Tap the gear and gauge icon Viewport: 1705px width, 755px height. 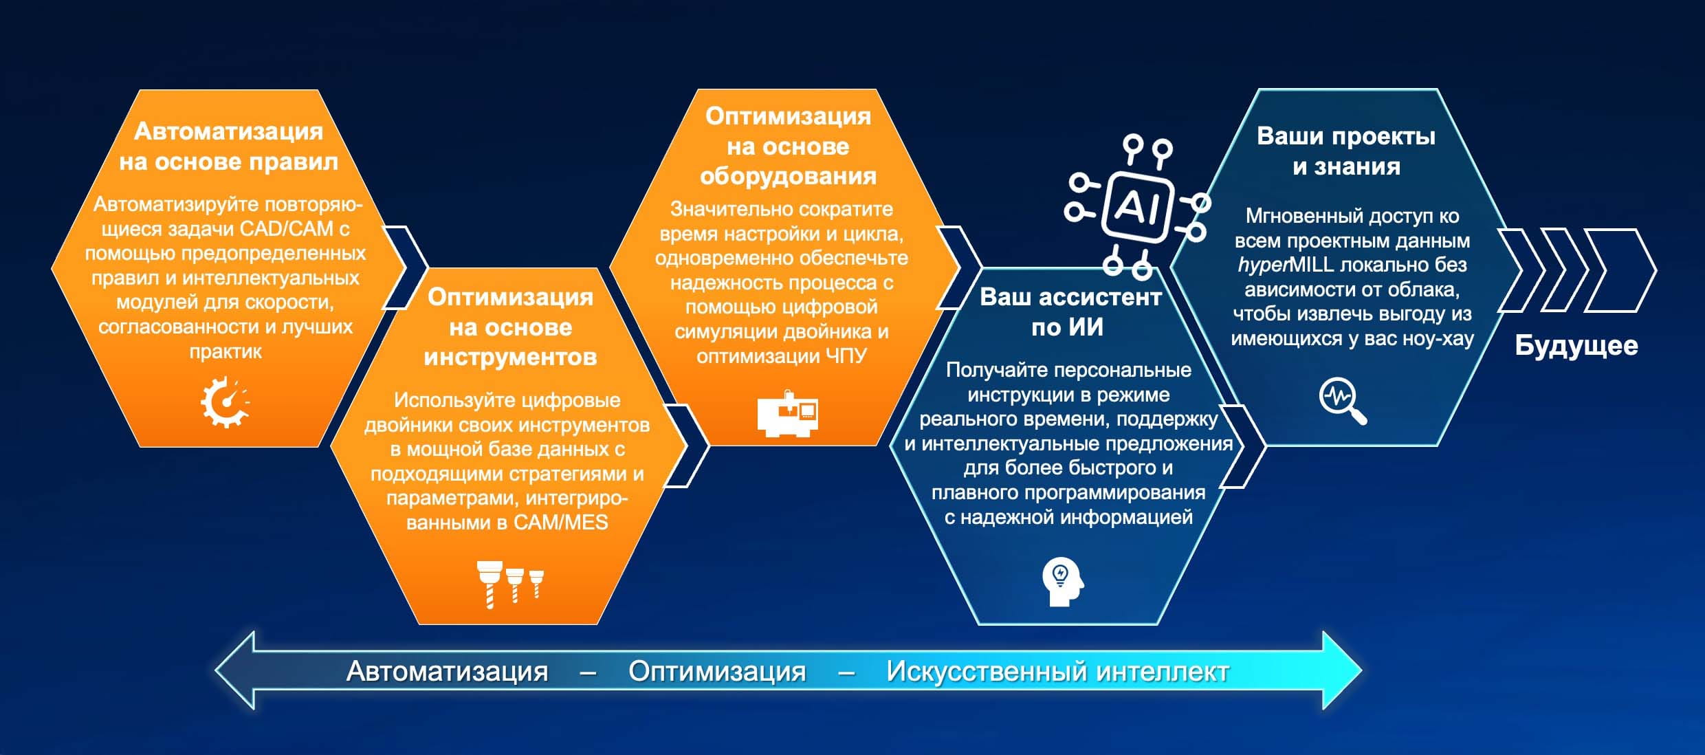click(x=225, y=402)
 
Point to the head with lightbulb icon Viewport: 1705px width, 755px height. click(x=1063, y=581)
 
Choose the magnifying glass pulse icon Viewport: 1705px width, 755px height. click(x=1343, y=402)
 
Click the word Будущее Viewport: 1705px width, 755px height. click(x=1576, y=346)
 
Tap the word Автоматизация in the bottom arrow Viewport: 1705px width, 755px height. click(x=447, y=671)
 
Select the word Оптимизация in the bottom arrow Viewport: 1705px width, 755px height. click(x=717, y=671)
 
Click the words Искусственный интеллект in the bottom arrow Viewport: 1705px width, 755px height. click(x=1057, y=671)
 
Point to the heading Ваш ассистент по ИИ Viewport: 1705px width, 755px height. click(x=1070, y=311)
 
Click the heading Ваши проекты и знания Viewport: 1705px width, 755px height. click(x=1346, y=151)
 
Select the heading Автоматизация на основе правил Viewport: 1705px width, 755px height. click(x=228, y=146)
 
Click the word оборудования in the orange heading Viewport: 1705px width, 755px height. click(x=788, y=177)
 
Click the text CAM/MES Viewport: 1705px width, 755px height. click(x=561, y=523)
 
